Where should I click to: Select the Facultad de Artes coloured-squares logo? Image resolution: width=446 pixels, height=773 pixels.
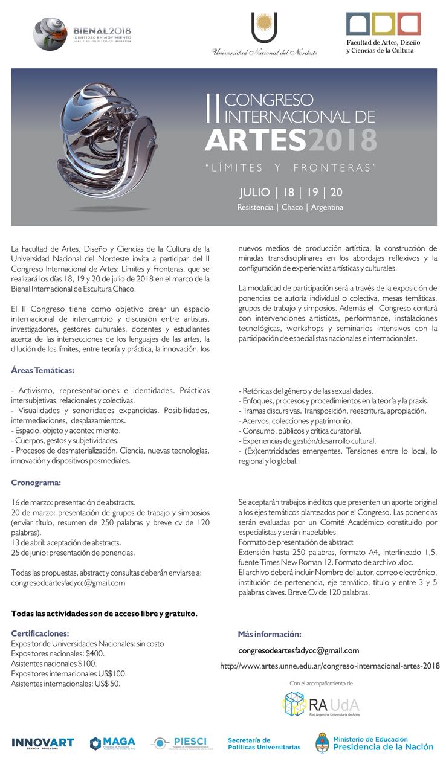click(383, 24)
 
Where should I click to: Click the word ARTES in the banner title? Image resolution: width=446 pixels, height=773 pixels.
click(254, 140)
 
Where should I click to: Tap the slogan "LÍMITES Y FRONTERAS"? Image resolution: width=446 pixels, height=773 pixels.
click(291, 167)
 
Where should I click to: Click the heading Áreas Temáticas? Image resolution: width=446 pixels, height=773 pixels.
click(42, 370)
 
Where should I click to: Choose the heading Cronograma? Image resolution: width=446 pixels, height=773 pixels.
click(36, 482)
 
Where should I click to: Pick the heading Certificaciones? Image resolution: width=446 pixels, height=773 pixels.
click(40, 633)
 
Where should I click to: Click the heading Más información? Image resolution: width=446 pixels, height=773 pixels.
click(269, 634)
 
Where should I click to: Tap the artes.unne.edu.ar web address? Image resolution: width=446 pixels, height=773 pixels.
click(329, 666)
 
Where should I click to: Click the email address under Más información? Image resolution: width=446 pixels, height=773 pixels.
click(299, 650)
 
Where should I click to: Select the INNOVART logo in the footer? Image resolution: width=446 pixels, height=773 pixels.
click(42, 743)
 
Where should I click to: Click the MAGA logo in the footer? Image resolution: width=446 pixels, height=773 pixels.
click(113, 743)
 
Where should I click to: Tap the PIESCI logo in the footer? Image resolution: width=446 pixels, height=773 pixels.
click(179, 743)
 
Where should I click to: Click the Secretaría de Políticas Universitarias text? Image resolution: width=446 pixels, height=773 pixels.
click(263, 743)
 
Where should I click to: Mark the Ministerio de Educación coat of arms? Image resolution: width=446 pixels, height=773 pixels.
click(323, 742)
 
